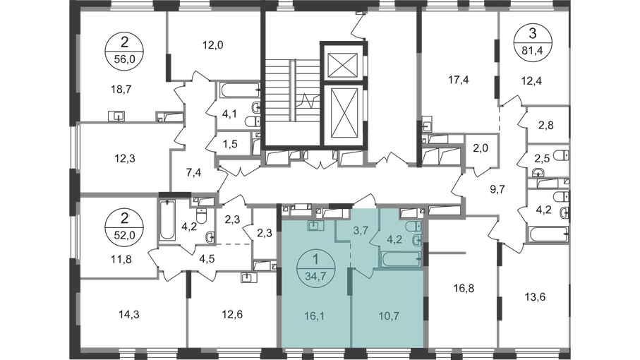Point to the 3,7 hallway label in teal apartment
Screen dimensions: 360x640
pyautogui.click(x=361, y=230)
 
